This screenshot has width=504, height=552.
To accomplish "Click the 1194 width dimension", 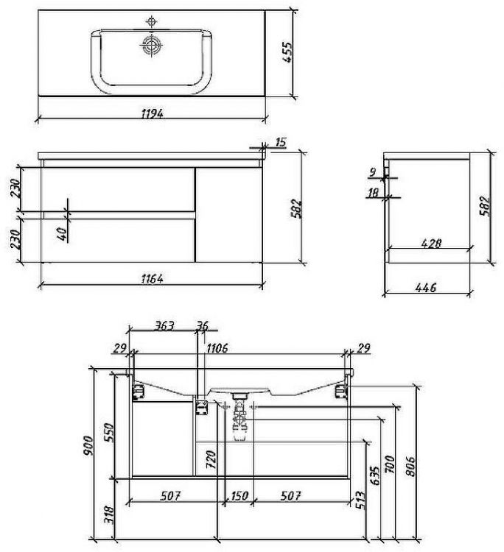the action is click(x=152, y=113).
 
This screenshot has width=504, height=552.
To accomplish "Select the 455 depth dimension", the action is click(x=287, y=52).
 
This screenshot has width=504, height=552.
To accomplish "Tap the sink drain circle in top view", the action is click(x=152, y=45).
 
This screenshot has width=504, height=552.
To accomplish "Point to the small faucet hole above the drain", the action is click(x=152, y=21).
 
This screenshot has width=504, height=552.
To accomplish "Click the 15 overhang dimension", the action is click(x=280, y=142).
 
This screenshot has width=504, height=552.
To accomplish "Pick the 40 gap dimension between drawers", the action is click(x=62, y=234).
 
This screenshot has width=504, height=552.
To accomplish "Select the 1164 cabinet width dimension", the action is click(x=152, y=279).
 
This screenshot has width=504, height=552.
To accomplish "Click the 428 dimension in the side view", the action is click(x=431, y=244).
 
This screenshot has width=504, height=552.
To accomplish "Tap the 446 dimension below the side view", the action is click(x=426, y=288).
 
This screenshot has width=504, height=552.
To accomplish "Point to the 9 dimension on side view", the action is click(x=373, y=172).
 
